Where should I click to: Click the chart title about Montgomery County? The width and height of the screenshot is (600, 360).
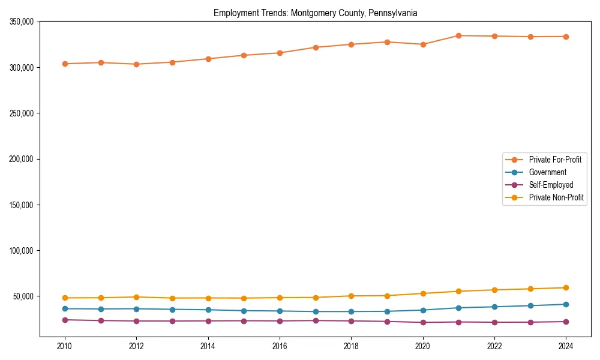coord(315,13)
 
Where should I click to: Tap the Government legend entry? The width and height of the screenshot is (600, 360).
coord(547,172)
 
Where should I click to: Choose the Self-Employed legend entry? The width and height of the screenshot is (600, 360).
coord(551,185)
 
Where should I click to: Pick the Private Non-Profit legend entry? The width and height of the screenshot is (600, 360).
coord(556,197)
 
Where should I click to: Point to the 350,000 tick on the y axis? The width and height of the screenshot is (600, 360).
coord(23,22)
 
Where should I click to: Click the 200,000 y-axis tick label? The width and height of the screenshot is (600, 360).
coord(23,159)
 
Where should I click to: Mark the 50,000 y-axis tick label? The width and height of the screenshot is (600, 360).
coord(25,296)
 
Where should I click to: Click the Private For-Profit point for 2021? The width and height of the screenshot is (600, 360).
coord(458,35)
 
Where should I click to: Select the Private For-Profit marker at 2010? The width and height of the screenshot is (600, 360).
coord(65,64)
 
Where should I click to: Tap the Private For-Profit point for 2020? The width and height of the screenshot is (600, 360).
coord(423,44)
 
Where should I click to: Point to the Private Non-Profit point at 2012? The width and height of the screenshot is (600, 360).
coord(136,297)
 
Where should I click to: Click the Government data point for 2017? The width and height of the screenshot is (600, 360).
coord(316,311)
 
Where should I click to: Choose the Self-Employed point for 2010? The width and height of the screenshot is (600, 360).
coord(65,320)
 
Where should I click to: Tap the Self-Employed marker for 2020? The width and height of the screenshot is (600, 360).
coord(423,322)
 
